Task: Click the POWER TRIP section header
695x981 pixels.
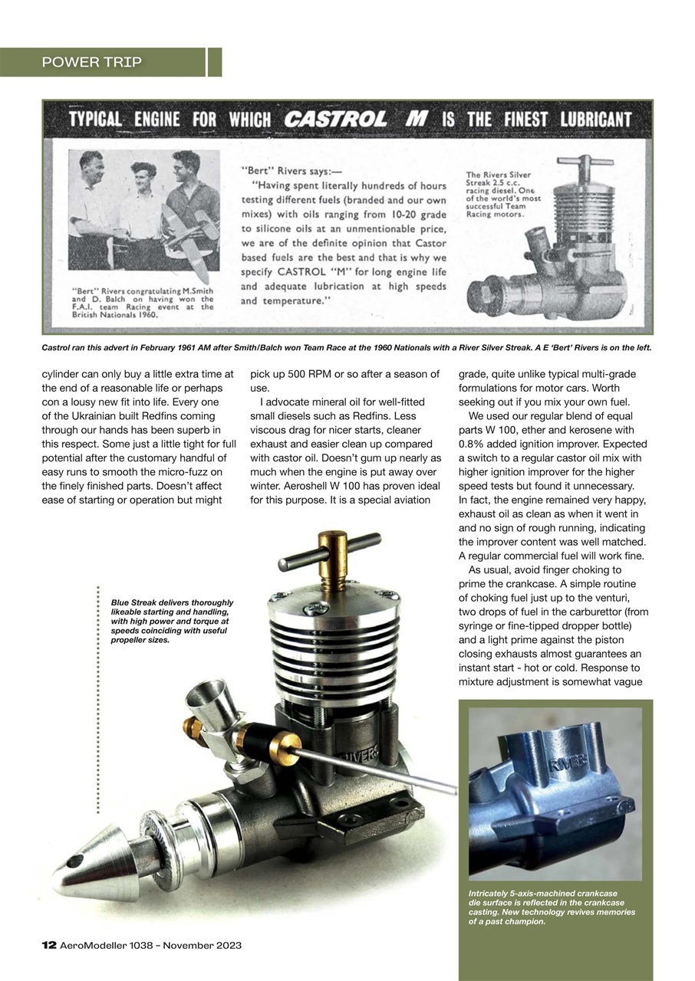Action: (x=92, y=62)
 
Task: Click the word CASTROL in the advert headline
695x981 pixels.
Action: (x=335, y=120)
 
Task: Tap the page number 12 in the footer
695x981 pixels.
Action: (x=48, y=945)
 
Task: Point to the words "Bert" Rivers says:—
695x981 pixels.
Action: (x=279, y=171)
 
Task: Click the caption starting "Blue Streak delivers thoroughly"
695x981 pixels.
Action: (x=172, y=621)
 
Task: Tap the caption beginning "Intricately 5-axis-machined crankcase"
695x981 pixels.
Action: (x=551, y=907)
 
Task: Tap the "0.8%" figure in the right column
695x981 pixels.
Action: (x=472, y=444)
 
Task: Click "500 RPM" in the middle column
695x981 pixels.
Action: (x=318, y=374)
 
